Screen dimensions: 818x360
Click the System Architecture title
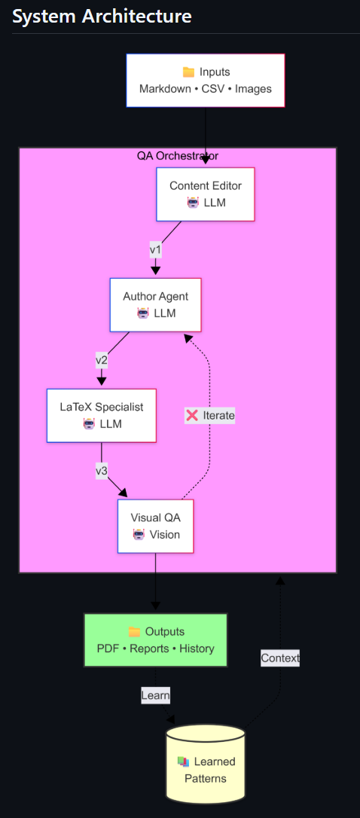click(102, 16)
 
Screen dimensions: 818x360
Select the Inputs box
click(206, 81)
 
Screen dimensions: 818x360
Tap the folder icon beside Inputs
click(189, 72)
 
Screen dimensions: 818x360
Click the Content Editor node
click(206, 194)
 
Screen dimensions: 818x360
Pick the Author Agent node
click(156, 304)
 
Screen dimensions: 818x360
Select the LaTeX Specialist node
click(102, 415)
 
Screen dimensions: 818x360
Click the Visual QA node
click(156, 526)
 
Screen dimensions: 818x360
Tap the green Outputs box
click(156, 639)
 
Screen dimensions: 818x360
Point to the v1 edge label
click(156, 249)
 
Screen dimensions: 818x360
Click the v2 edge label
click(102, 360)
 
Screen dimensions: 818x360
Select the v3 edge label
click(102, 471)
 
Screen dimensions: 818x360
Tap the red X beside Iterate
click(193, 415)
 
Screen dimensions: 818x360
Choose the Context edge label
click(280, 658)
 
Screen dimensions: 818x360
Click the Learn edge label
click(156, 695)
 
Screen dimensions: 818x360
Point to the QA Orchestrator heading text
click(178, 156)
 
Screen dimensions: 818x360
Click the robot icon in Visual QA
click(139, 535)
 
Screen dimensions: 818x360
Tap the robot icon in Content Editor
click(193, 203)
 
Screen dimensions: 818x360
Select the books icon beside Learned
click(183, 762)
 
